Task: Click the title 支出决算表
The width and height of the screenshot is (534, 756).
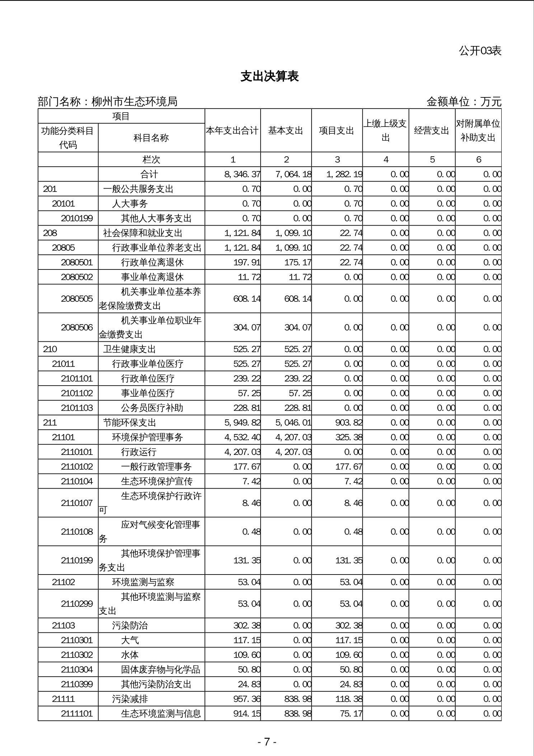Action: tap(270, 76)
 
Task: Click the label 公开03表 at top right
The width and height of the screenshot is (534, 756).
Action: tap(480, 51)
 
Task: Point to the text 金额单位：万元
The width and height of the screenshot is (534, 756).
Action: tap(463, 102)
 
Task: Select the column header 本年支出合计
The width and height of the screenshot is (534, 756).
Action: tap(232, 130)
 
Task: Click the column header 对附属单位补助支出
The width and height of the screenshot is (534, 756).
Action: tap(478, 130)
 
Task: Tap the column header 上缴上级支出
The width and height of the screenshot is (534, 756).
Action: tap(385, 130)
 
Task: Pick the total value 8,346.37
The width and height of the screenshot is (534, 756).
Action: tap(242, 174)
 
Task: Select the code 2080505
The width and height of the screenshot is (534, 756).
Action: tap(77, 299)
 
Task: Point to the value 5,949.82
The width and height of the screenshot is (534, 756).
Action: tap(242, 423)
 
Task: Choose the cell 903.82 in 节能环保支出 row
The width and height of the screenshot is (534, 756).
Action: tap(348, 423)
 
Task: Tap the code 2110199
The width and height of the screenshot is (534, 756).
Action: tap(77, 560)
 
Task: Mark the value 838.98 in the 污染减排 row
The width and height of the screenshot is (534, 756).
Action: tap(298, 699)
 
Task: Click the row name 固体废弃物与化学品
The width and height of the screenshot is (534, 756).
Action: tap(160, 669)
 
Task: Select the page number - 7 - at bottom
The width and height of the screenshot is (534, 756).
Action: tap(267, 742)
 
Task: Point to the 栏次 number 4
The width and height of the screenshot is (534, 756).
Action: tap(386, 160)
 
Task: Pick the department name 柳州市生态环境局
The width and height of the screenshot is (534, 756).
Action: tap(135, 102)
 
